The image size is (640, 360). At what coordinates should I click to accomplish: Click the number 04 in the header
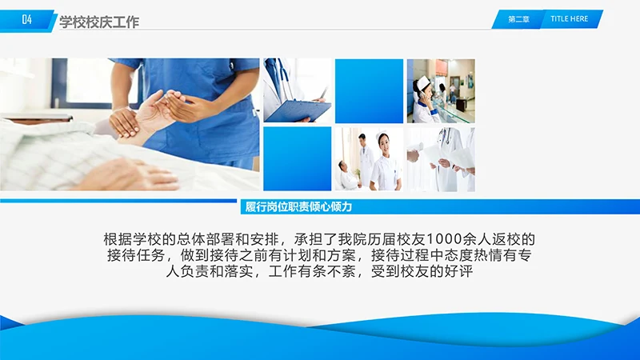pyautogui.click(x=27, y=21)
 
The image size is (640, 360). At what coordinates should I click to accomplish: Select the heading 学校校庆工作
pyautogui.click(x=99, y=22)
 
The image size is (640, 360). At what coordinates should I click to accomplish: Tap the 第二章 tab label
pyautogui.click(x=518, y=19)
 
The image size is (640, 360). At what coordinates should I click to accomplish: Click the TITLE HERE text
pyautogui.click(x=570, y=18)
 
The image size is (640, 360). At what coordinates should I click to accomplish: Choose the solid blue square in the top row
pyautogui.click(x=369, y=90)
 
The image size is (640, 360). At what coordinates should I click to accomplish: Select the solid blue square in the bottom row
pyautogui.click(x=297, y=158)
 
